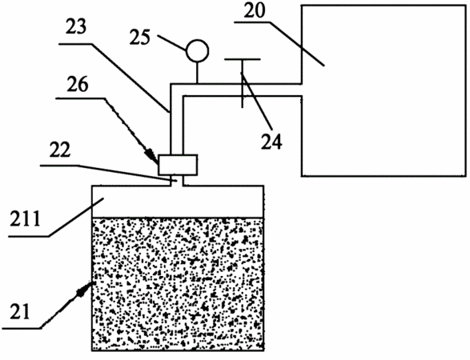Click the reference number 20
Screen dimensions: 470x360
(255, 10)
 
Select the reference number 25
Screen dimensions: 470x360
(139, 38)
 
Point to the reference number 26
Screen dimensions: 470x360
(78, 84)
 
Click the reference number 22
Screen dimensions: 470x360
(60, 150)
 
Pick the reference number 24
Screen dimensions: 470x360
(271, 141)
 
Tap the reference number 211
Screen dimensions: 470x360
(25, 219)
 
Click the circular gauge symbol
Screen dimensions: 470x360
(197, 51)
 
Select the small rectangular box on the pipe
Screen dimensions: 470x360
(178, 165)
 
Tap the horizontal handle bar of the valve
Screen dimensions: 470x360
(243, 59)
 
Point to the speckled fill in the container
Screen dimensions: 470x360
(178, 284)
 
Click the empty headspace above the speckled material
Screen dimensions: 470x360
(178, 202)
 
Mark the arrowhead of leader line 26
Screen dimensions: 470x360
(152, 156)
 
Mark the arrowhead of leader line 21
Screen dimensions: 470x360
(85, 288)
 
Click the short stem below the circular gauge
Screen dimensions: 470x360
(197, 73)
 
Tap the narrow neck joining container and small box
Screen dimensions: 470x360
(177, 181)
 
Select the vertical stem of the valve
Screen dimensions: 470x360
(243, 83)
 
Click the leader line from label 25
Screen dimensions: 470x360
(172, 43)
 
